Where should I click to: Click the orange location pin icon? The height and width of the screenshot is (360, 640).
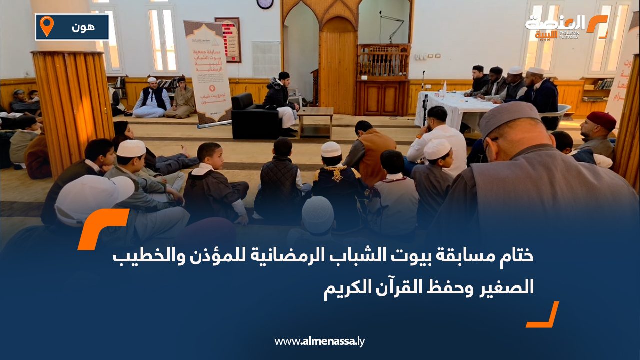(46, 26)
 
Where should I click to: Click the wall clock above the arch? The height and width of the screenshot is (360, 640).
(265, 3)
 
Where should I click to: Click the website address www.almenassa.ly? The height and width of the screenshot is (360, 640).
(319, 341)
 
